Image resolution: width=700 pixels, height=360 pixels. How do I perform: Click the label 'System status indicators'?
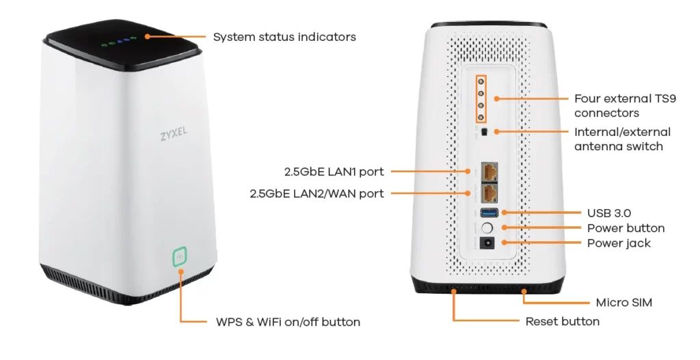284,37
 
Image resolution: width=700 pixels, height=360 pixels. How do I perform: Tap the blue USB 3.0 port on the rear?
490,213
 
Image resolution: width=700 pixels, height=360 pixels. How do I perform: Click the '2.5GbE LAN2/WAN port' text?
317,194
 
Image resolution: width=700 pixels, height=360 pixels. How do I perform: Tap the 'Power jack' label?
619,243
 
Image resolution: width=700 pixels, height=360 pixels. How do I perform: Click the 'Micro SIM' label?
623,302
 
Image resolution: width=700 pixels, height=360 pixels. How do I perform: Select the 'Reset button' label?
562,321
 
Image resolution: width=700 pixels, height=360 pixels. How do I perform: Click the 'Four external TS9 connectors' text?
625,106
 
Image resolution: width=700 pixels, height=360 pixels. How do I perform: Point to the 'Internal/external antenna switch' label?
622,139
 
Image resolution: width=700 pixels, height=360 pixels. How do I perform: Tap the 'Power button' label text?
625,228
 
